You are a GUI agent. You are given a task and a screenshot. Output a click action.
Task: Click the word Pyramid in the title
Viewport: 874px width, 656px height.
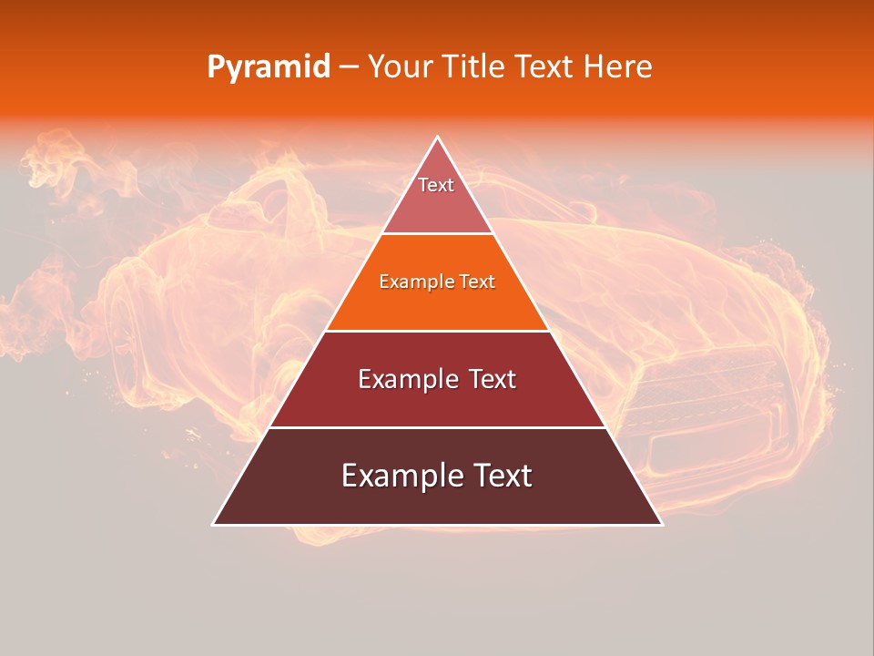click(268, 67)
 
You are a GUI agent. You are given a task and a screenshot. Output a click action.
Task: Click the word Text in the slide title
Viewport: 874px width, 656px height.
click(545, 67)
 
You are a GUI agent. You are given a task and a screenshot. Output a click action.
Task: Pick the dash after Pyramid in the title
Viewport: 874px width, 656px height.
click(349, 67)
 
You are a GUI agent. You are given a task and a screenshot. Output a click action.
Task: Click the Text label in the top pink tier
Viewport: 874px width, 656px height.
click(436, 185)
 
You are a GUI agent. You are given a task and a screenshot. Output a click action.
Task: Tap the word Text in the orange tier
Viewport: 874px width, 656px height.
click(478, 282)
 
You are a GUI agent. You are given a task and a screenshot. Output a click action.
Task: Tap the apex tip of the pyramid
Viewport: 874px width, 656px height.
click(438, 138)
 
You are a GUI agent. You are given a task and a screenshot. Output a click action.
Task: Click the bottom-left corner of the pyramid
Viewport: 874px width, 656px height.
click(213, 525)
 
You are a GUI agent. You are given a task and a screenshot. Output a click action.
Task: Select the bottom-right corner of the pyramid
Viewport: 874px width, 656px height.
click(662, 525)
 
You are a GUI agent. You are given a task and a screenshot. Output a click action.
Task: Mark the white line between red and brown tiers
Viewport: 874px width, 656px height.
click(438, 427)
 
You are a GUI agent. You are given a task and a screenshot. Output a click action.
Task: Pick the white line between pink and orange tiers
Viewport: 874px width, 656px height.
click(438, 233)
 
